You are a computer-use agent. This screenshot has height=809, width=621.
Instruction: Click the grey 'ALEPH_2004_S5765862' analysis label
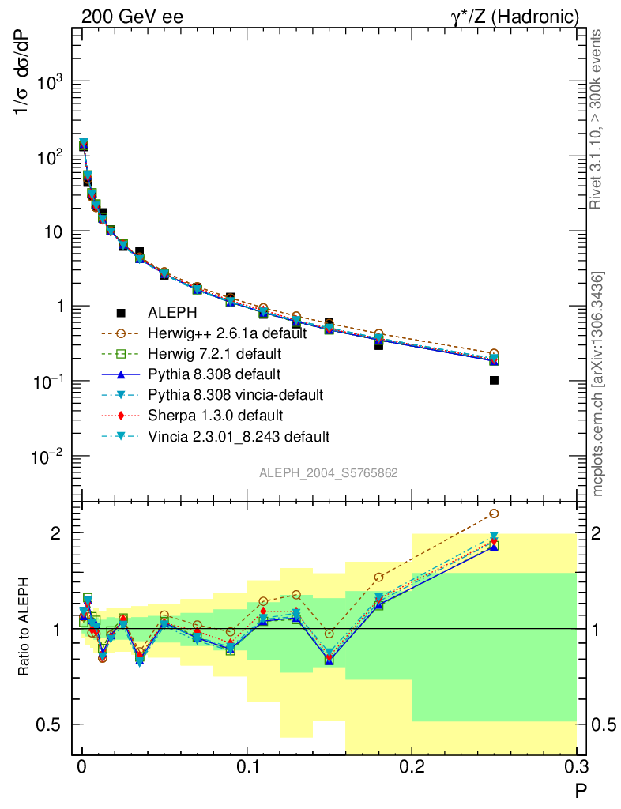[x=329, y=473]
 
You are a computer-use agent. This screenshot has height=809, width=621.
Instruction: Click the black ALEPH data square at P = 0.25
[x=494, y=380]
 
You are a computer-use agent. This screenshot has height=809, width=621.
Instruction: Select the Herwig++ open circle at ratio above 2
[x=494, y=514]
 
